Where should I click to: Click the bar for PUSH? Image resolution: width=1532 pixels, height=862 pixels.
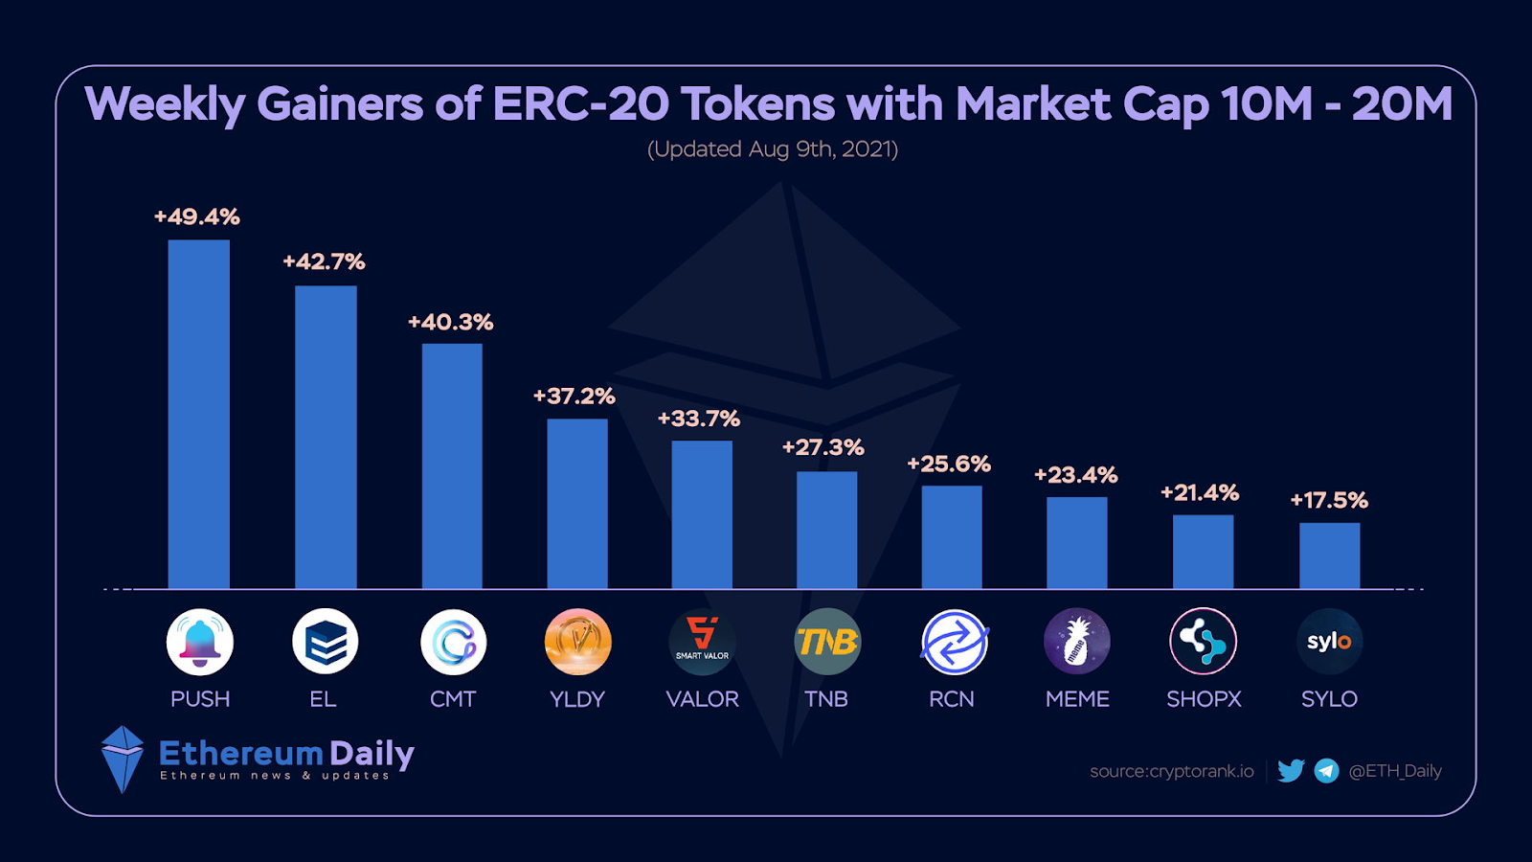[x=198, y=414]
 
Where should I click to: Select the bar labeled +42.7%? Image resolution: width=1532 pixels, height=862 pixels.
[x=326, y=437]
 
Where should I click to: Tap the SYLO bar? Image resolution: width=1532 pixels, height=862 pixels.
[x=1329, y=556]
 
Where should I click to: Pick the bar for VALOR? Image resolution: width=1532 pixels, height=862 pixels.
[x=702, y=514]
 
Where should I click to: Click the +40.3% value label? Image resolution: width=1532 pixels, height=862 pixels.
[x=451, y=323]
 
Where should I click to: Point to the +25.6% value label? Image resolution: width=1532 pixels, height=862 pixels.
[x=949, y=465]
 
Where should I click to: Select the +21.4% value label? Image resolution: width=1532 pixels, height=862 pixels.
[x=1200, y=493]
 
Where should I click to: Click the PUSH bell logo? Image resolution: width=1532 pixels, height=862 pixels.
[x=200, y=642]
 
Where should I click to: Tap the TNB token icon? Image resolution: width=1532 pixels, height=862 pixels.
[x=827, y=642]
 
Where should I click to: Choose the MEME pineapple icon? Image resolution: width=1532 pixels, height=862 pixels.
[x=1077, y=642]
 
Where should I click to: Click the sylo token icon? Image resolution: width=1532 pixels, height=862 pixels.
[x=1329, y=642]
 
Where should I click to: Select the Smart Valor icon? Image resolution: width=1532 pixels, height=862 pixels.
[x=702, y=642]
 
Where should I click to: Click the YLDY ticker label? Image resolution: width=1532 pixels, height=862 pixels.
[x=577, y=699]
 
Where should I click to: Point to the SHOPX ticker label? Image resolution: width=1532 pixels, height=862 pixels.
[x=1204, y=699]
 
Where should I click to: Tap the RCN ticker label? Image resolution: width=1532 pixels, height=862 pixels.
[x=952, y=699]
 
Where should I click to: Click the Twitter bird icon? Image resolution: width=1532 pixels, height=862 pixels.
[x=1291, y=771]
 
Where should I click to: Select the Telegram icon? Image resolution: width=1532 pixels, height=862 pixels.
[x=1326, y=771]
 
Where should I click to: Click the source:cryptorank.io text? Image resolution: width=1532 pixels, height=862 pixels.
[x=1172, y=771]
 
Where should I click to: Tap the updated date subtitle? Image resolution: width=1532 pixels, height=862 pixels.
[x=773, y=149]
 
